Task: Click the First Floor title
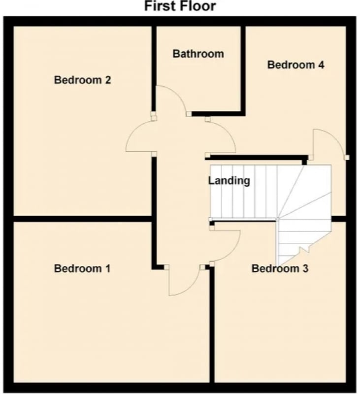180,6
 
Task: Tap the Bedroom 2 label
82,80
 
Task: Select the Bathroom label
198,54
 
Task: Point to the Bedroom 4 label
295,65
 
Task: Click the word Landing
229,181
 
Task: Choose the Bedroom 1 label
82,268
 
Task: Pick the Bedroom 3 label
280,268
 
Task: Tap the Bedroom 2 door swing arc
132,131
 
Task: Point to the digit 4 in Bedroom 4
321,65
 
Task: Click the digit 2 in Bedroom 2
107,80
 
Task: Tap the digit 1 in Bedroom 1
108,268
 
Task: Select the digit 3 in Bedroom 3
305,268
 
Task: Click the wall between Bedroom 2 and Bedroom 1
82,219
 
